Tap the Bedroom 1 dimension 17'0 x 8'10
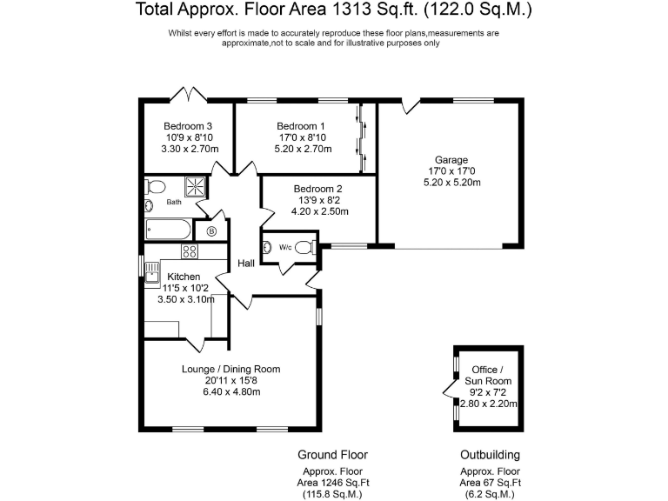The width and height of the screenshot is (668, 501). pos(300,137)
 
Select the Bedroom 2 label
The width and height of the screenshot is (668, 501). pos(317,189)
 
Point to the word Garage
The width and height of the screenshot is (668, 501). pos(451,160)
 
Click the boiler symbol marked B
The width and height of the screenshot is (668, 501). pos(211,232)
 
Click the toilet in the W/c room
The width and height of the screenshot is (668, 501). pos(302,247)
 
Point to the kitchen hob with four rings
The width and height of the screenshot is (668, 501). pos(190,251)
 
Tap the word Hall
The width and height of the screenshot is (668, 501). pos(246,264)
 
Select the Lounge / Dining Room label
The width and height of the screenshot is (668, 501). pos(230,369)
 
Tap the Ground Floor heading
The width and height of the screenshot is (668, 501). pos(332,455)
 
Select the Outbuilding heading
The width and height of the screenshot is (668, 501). pos(490,455)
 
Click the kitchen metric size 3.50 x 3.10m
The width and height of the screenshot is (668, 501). pos(190,299)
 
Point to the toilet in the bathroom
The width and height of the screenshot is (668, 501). pos(155,187)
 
